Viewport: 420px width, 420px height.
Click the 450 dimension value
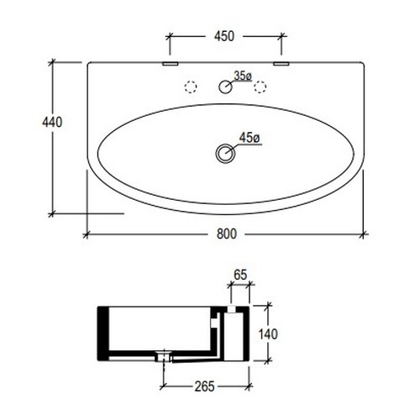click(x=224, y=36)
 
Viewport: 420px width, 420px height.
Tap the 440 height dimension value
click(x=52, y=123)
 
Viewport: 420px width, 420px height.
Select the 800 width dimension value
click(x=227, y=234)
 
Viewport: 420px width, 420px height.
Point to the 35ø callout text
click(x=243, y=76)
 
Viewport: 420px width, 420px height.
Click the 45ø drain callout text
click(x=249, y=138)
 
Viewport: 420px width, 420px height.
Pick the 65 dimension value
click(x=240, y=275)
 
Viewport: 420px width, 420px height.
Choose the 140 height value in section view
click(x=268, y=334)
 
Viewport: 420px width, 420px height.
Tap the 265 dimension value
click(x=205, y=386)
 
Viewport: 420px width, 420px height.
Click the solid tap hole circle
click(x=225, y=87)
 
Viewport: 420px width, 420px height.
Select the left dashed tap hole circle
click(x=191, y=87)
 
